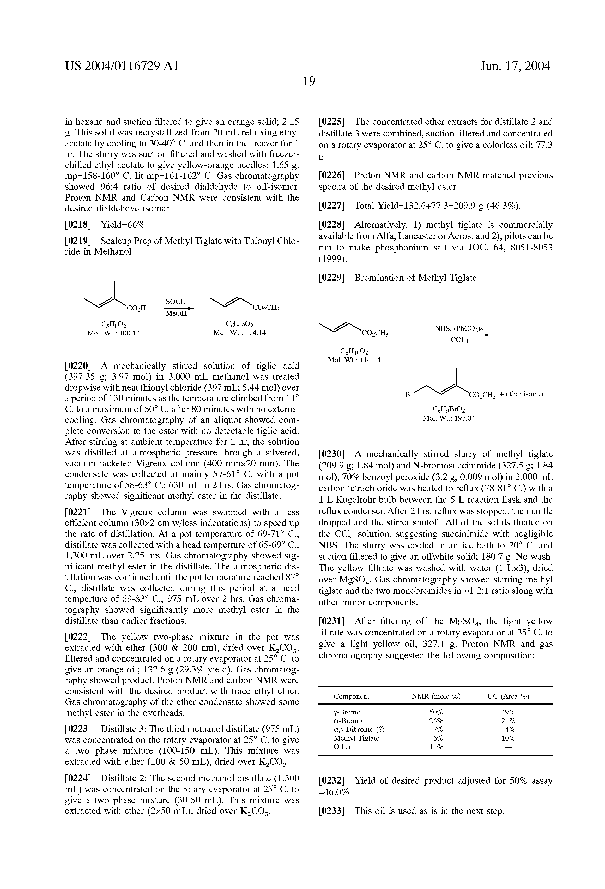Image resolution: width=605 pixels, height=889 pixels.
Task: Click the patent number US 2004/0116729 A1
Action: pyautogui.click(x=122, y=66)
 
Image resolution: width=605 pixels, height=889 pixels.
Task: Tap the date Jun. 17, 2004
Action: pyautogui.click(x=515, y=66)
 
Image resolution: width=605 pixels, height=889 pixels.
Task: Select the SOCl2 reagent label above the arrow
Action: pyautogui.click(x=175, y=302)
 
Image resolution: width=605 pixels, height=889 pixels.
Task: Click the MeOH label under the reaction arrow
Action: pyautogui.click(x=176, y=313)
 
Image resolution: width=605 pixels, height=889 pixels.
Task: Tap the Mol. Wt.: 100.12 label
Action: pyautogui.click(x=114, y=333)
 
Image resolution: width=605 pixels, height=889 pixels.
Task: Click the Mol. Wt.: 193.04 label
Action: pyautogui.click(x=449, y=418)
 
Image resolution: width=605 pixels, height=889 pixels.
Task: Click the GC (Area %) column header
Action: pyautogui.click(x=508, y=696)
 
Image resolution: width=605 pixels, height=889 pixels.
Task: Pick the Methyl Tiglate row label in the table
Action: pyautogui.click(x=356, y=738)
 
